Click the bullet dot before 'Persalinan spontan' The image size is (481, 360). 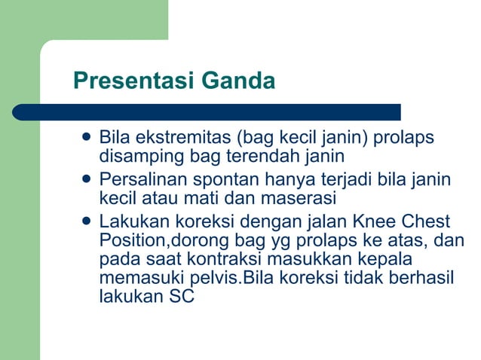pyautogui.click(x=86, y=180)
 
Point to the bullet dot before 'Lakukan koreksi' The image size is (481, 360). pyautogui.click(x=86, y=222)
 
